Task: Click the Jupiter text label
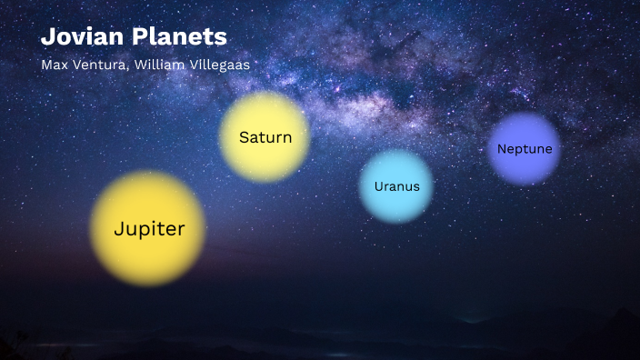[149, 229]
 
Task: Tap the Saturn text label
[265, 138]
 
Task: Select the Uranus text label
[397, 186]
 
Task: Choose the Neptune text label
[525, 148]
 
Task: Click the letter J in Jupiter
[119, 229]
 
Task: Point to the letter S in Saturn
[244, 138]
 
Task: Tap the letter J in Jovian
[46, 38]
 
